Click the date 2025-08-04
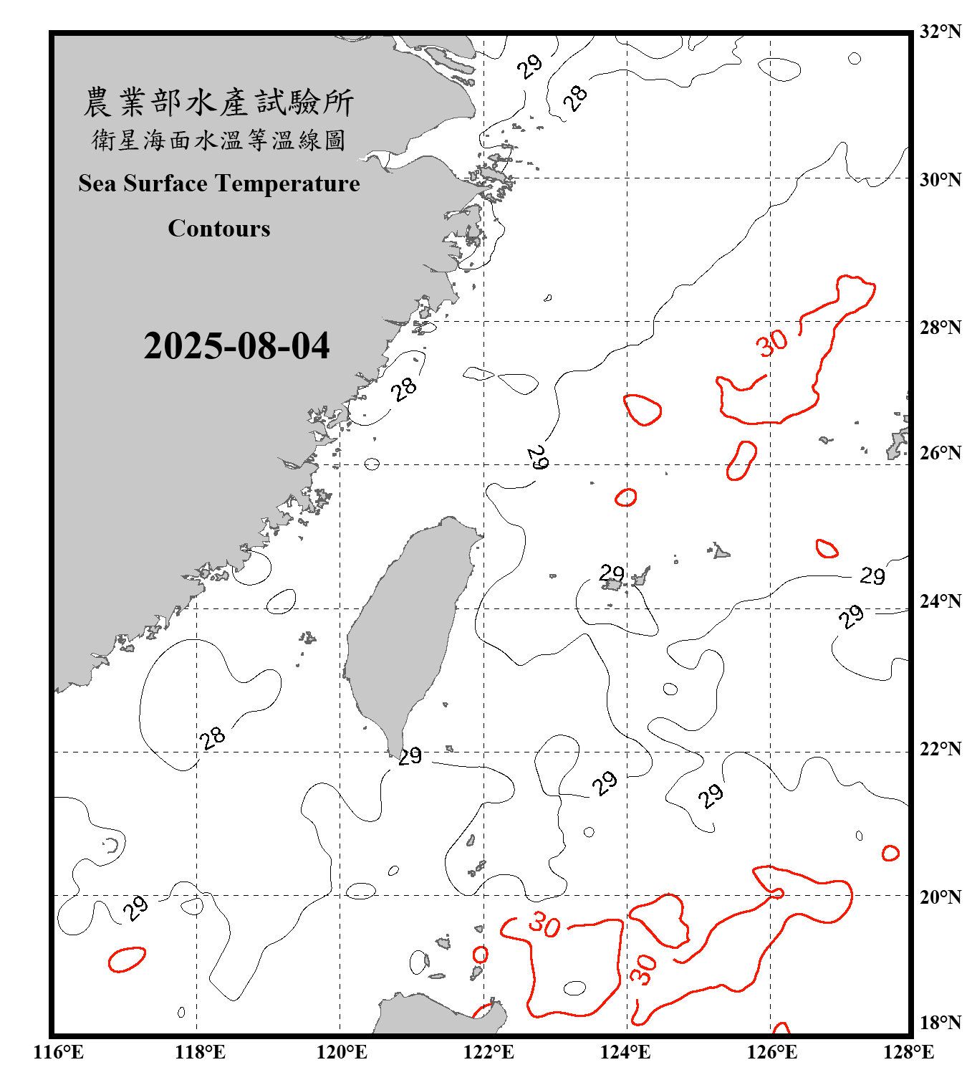[x=236, y=346]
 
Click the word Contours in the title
[x=219, y=229]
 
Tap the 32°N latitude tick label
[x=940, y=32]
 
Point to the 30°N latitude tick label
[x=940, y=179]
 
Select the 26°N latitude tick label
[x=940, y=453]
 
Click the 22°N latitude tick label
[x=940, y=749]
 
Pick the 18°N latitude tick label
[x=940, y=1023]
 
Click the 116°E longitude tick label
[x=59, y=1052]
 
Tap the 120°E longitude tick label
[x=342, y=1052]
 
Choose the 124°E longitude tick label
[x=625, y=1052]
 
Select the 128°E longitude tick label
[x=908, y=1052]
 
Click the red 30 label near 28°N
[x=772, y=343]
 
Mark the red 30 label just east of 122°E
[x=544, y=924]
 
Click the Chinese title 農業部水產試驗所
[x=218, y=102]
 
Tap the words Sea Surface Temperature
[x=219, y=183]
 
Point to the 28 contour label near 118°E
[x=213, y=737]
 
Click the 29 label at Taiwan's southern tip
[x=410, y=755]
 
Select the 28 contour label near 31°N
[x=574, y=97]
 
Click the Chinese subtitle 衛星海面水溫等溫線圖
[x=218, y=140]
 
